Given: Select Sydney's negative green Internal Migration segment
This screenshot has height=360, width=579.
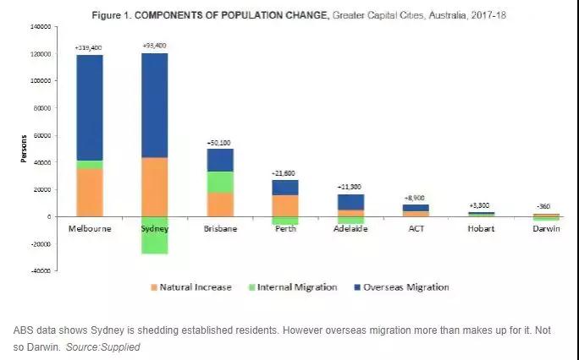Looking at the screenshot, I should (154, 234).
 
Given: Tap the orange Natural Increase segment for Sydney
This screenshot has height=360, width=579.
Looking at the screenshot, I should (154, 187).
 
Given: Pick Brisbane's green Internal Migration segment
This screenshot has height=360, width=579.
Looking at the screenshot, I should (220, 182).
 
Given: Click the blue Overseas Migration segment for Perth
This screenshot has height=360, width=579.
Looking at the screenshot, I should (285, 187).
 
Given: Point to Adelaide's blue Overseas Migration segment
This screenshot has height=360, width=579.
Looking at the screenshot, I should (350, 201).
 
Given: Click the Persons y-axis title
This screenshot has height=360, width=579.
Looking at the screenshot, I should (25, 148).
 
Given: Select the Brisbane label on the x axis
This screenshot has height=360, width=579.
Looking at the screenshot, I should (220, 229).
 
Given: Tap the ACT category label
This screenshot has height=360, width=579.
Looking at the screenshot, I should (416, 229).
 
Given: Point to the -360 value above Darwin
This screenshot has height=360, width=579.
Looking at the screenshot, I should (546, 205).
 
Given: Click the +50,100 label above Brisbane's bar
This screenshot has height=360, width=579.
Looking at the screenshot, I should (220, 142).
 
